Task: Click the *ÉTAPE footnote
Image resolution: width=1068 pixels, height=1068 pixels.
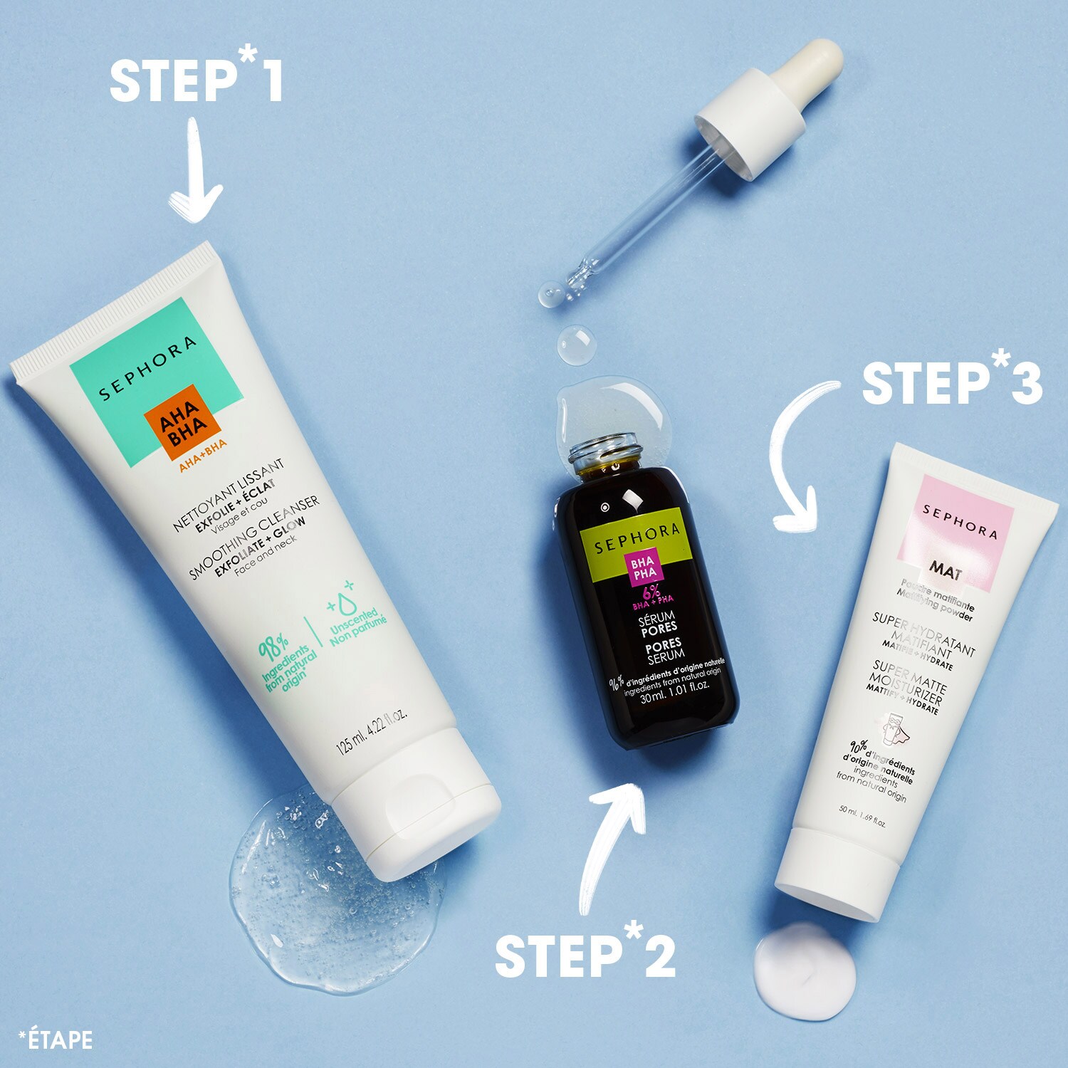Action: click(x=56, y=1040)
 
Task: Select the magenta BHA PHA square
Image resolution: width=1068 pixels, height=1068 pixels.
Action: click(x=644, y=568)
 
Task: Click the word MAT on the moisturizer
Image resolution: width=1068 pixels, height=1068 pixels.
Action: click(x=945, y=570)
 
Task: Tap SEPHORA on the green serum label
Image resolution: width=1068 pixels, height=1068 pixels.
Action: click(x=637, y=538)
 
